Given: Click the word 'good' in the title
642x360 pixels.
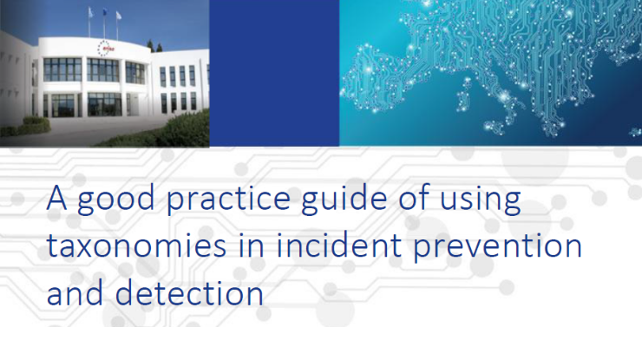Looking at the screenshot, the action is [116, 200].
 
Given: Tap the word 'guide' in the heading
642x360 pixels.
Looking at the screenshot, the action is [344, 200].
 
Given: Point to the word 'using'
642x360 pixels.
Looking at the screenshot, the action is [481, 200].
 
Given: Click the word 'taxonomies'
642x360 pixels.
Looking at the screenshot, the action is [136, 245].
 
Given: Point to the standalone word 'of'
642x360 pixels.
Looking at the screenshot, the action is [414, 199].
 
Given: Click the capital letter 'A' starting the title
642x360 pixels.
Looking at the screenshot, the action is [56, 199].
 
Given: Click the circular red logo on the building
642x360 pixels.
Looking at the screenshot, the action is [106, 49].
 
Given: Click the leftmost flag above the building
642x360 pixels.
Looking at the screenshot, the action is [91, 13].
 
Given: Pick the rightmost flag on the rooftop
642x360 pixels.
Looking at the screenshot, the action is [119, 16].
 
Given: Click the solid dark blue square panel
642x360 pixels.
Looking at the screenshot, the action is [274, 73].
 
